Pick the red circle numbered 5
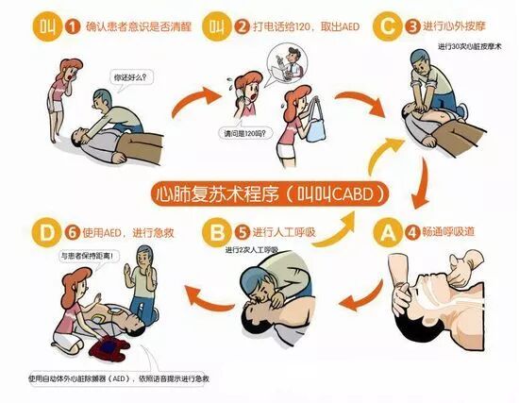click(x=243, y=229)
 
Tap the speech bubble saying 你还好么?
click(x=131, y=75)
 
